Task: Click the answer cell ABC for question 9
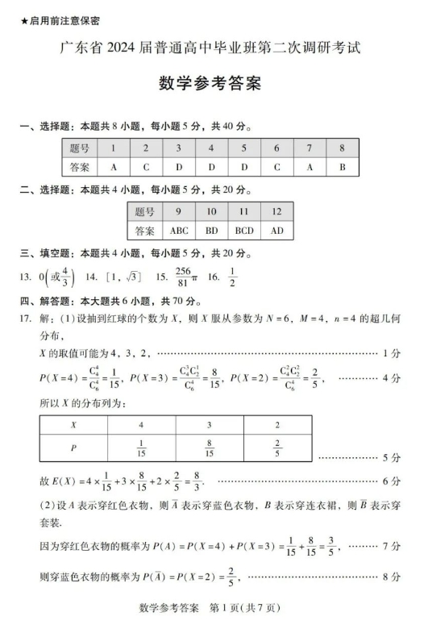coord(179,231)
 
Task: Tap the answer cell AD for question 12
coord(276,231)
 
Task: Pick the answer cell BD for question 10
coord(212,231)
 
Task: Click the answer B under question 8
coord(342,167)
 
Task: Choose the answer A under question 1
coord(114,167)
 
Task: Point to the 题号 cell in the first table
coord(80,148)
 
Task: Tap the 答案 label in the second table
coord(144,231)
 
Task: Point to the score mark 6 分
coord(392,481)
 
